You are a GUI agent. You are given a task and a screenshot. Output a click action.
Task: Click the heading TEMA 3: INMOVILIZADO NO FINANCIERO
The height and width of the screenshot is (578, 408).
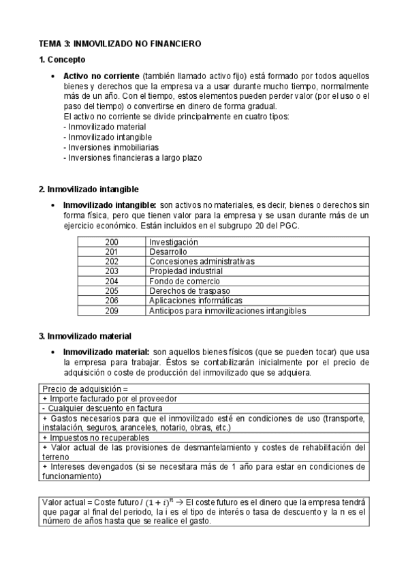(x=119, y=44)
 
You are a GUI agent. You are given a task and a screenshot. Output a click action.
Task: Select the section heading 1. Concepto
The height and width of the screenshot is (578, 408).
(x=62, y=60)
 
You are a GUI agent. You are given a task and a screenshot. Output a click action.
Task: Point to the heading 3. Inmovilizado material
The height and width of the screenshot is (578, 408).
(x=85, y=335)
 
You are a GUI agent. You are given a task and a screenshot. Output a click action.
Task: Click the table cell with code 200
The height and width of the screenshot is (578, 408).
(x=112, y=242)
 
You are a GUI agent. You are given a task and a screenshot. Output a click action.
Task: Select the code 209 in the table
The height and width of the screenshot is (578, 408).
(x=112, y=311)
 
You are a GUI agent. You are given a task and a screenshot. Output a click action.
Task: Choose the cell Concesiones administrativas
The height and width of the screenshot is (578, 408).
(x=202, y=262)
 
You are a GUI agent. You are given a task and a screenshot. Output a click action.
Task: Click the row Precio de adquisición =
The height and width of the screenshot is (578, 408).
(x=85, y=389)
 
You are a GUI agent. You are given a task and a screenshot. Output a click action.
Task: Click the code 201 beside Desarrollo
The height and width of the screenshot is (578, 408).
(x=112, y=252)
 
